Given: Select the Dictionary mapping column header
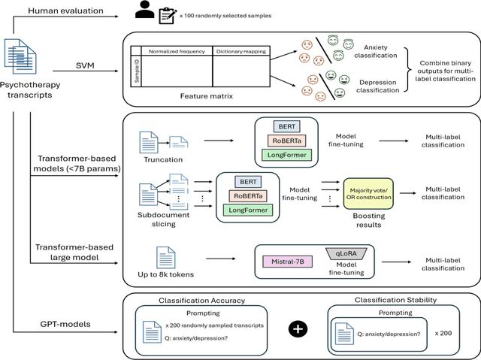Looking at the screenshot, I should click(240, 52).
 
